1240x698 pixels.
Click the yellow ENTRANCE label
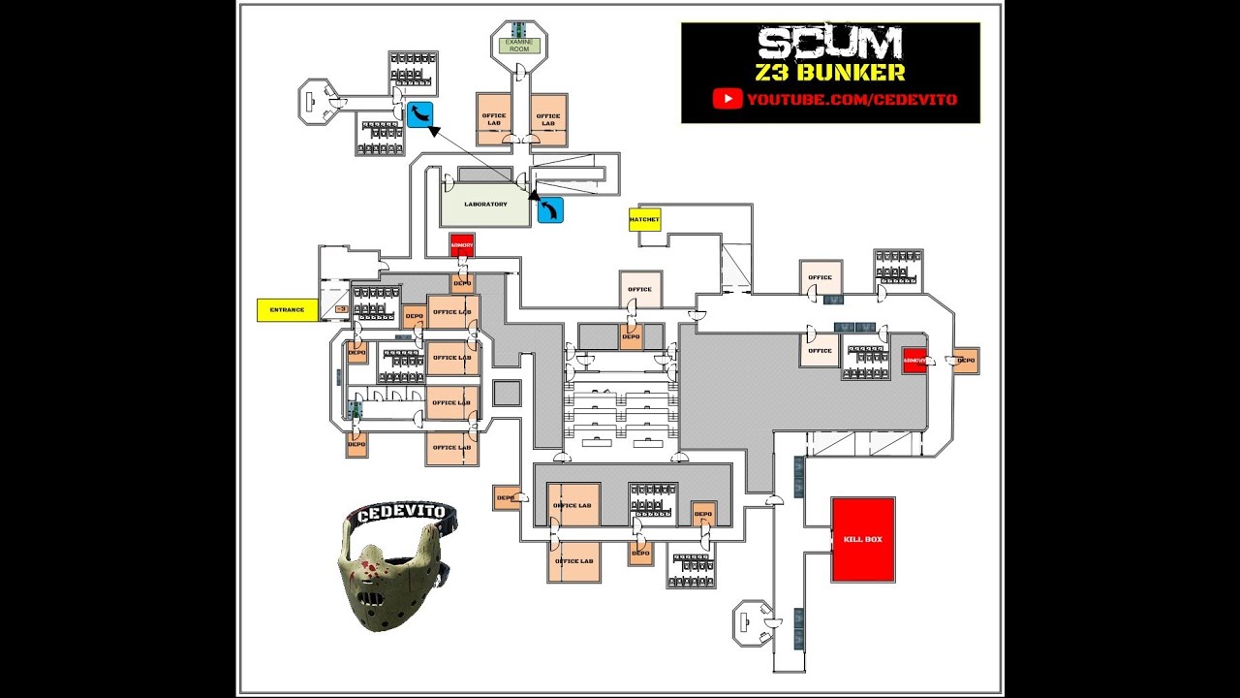tap(287, 310)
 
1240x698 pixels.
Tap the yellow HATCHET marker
tap(644, 220)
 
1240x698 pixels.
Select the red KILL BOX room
tap(862, 539)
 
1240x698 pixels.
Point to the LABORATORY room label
tap(485, 205)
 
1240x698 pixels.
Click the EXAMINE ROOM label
tap(519, 45)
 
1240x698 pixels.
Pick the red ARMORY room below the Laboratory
tap(462, 245)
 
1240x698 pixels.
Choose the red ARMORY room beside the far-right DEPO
tap(914, 360)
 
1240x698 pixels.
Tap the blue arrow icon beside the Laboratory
tap(550, 210)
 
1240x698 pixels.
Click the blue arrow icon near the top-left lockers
tap(419, 114)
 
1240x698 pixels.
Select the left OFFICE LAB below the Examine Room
tap(493, 119)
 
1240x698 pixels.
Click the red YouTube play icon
tap(728, 99)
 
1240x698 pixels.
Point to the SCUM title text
tap(830, 44)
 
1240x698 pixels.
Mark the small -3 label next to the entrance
tap(341, 309)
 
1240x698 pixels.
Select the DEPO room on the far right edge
tap(965, 361)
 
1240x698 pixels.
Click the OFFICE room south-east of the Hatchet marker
tap(639, 289)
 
